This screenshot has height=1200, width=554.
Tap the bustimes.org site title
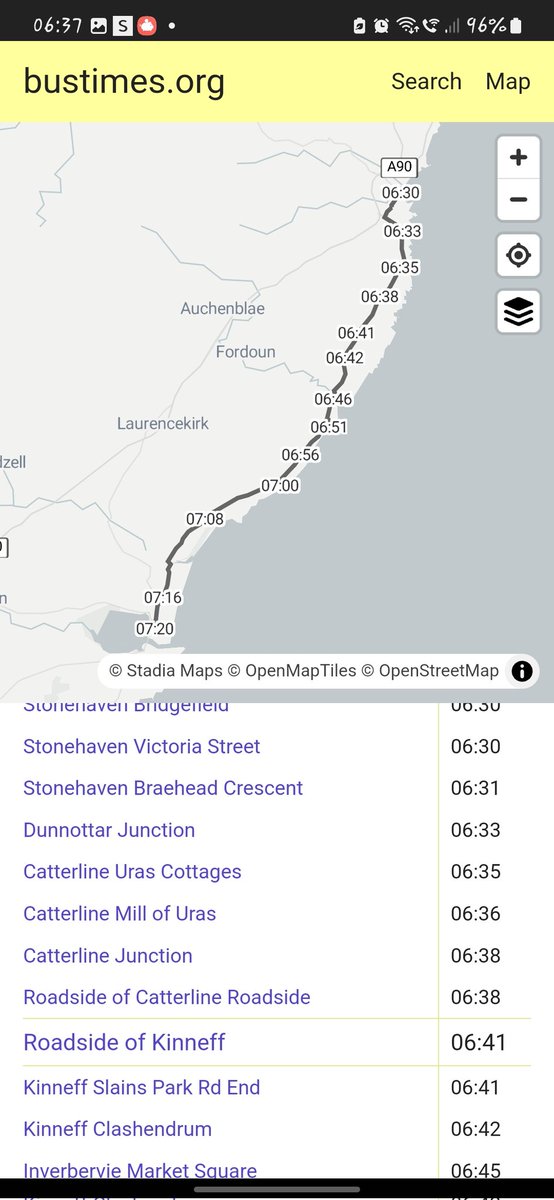[124, 82]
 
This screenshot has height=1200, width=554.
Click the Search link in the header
[426, 82]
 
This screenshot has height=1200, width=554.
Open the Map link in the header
[507, 82]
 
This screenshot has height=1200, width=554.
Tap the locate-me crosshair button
[518, 255]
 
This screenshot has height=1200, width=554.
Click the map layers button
[518, 312]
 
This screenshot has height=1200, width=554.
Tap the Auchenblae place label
[222, 309]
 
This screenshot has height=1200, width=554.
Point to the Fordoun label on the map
[245, 352]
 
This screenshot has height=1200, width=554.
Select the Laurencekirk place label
[163, 424]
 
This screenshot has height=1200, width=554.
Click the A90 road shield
[399, 167]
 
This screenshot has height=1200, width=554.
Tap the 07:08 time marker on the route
[205, 519]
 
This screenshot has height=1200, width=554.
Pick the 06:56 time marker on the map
[300, 455]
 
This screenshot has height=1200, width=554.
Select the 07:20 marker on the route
[155, 629]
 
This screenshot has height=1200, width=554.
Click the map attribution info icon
[522, 671]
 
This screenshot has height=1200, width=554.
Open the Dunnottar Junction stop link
[109, 830]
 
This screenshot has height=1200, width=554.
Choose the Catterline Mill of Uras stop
[119, 913]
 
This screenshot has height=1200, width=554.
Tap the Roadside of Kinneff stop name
[124, 1042]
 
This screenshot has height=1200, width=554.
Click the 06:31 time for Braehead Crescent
[475, 788]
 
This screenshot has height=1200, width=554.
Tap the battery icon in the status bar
[515, 26]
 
